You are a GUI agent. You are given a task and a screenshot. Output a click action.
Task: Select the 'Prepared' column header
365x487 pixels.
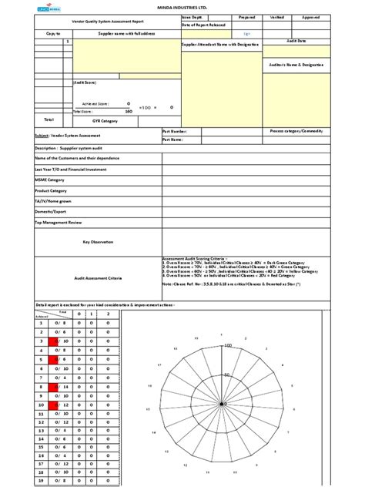coord(247,15)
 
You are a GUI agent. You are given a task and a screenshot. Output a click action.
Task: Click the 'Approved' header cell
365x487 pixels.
coord(312,15)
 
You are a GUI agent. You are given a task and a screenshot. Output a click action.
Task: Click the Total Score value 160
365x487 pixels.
coord(129,112)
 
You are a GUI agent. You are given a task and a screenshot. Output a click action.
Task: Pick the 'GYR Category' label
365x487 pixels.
coord(104,121)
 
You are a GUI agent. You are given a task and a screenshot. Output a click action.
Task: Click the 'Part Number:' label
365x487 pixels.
coord(173,132)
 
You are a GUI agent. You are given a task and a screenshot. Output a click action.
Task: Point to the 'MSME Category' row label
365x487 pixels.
coord(50,179)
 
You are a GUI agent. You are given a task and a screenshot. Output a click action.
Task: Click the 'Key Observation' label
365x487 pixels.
coord(99,242)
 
